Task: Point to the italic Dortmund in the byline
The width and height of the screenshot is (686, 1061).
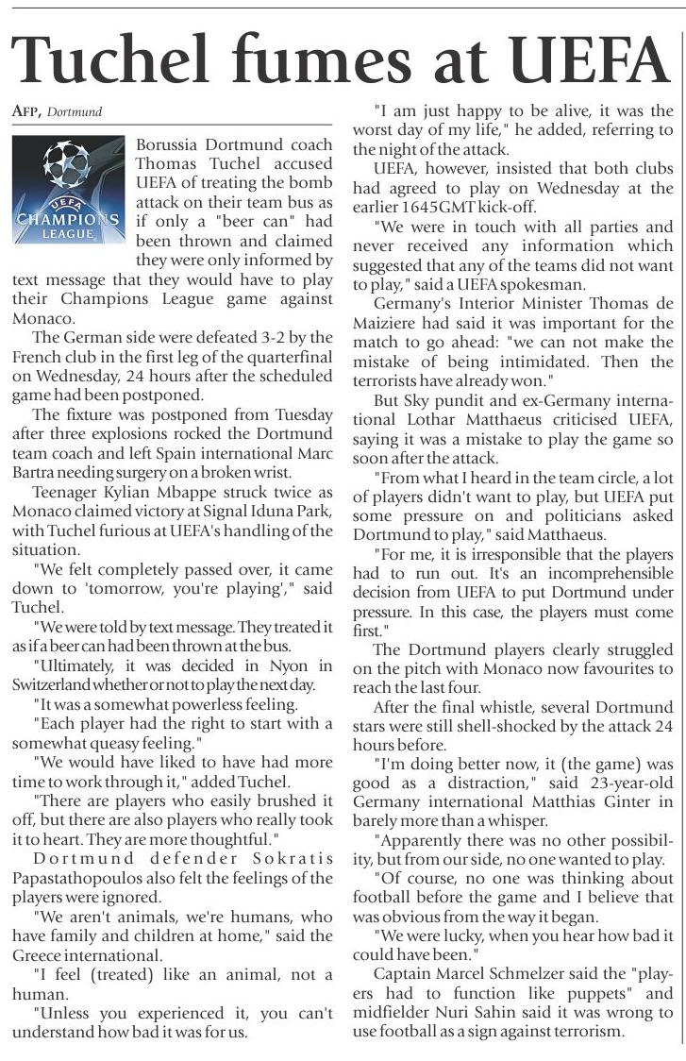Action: [75, 111]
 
